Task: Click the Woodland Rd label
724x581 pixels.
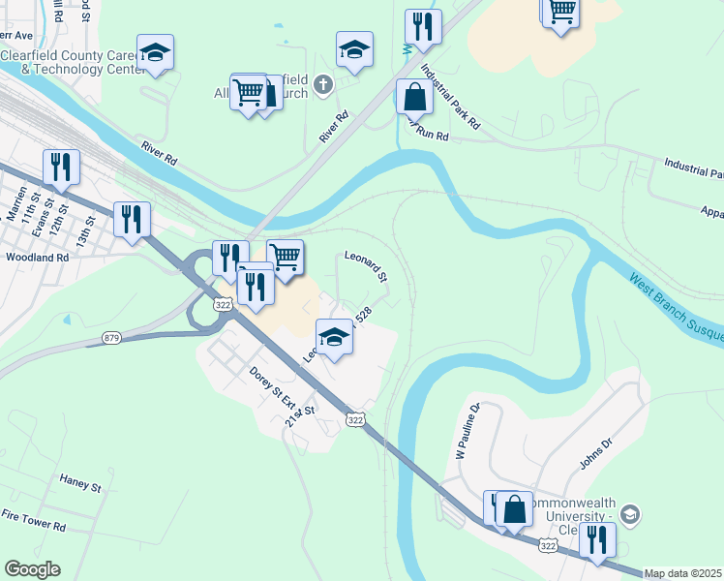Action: (37, 258)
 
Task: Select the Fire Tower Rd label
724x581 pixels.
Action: (33, 527)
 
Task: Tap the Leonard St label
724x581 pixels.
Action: (366, 264)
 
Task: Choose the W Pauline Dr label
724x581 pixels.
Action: (468, 432)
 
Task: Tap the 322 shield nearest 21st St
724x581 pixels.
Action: (355, 419)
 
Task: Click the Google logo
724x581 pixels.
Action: (32, 569)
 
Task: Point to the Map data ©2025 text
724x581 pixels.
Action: (682, 573)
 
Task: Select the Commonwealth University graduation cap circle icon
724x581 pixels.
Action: (630, 514)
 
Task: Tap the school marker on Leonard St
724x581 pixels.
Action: (335, 337)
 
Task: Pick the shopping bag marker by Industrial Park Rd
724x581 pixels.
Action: (414, 98)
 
